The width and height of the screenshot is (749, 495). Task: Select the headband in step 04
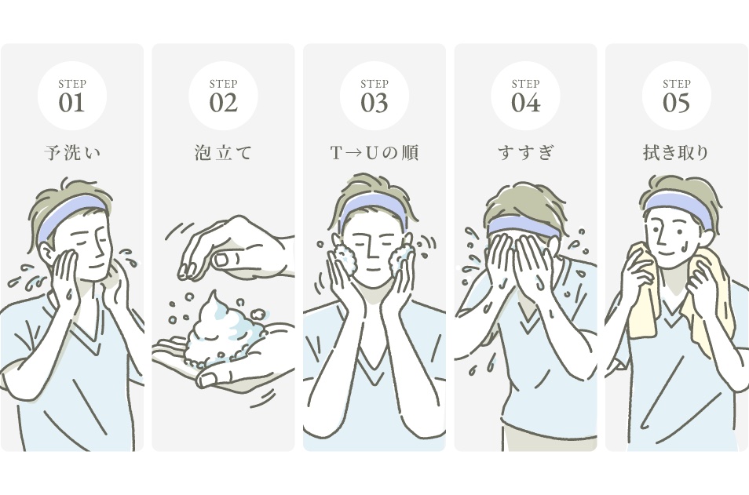524,226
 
